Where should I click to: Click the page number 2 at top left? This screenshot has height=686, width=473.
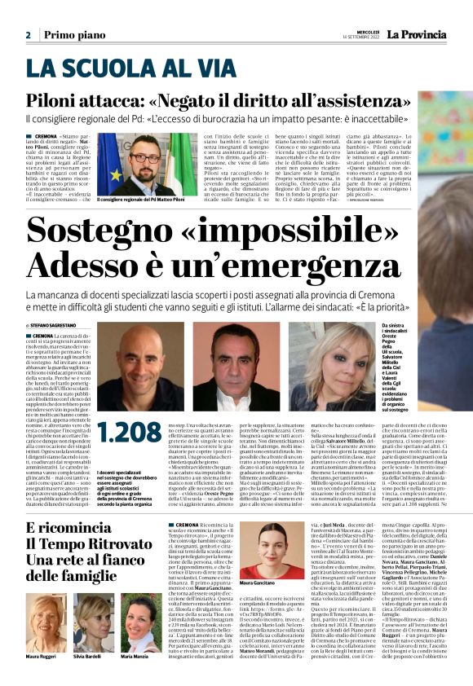28,35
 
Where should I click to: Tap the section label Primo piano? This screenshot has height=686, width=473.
74,35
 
